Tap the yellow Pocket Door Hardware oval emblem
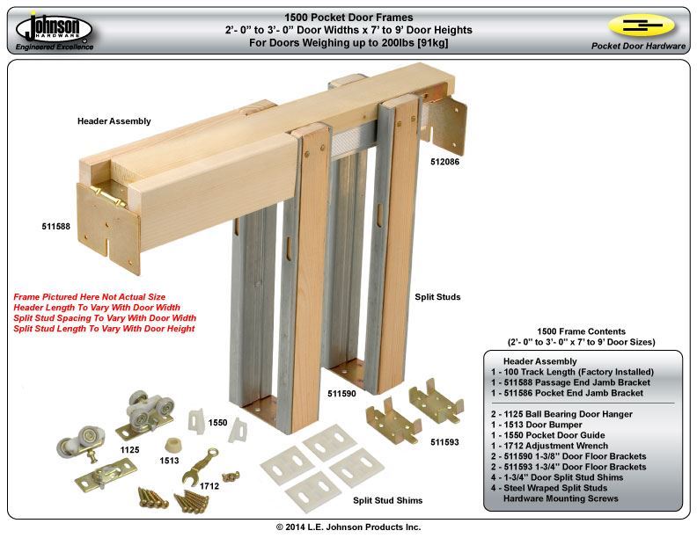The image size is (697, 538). click(640, 25)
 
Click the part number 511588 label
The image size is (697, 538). click(56, 227)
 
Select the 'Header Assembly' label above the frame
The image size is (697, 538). click(114, 121)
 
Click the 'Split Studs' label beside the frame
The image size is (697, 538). click(437, 297)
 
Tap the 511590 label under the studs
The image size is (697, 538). click(341, 394)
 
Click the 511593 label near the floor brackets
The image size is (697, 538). click(444, 442)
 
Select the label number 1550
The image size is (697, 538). click(218, 423)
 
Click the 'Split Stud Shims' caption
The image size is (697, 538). click(387, 500)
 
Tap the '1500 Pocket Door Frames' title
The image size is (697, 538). click(348, 17)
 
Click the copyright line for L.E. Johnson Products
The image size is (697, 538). click(348, 527)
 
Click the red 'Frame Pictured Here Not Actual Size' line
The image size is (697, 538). click(89, 297)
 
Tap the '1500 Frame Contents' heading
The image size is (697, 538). click(582, 330)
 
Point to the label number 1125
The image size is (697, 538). click(129, 449)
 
